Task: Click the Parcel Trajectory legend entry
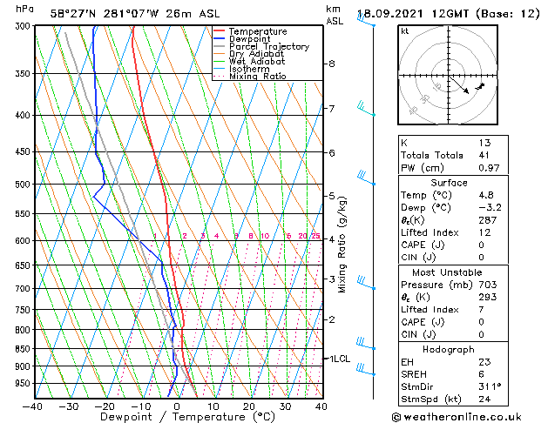coord(268,47)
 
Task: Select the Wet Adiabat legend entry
coord(258,62)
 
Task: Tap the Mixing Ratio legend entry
coord(258,77)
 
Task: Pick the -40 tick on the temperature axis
coord(33,406)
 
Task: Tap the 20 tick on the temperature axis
coord(249,406)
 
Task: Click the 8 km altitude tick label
coord(332,64)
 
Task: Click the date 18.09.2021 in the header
coord(397,13)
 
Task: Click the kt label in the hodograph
coord(404,31)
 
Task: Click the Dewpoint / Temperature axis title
coord(177,417)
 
